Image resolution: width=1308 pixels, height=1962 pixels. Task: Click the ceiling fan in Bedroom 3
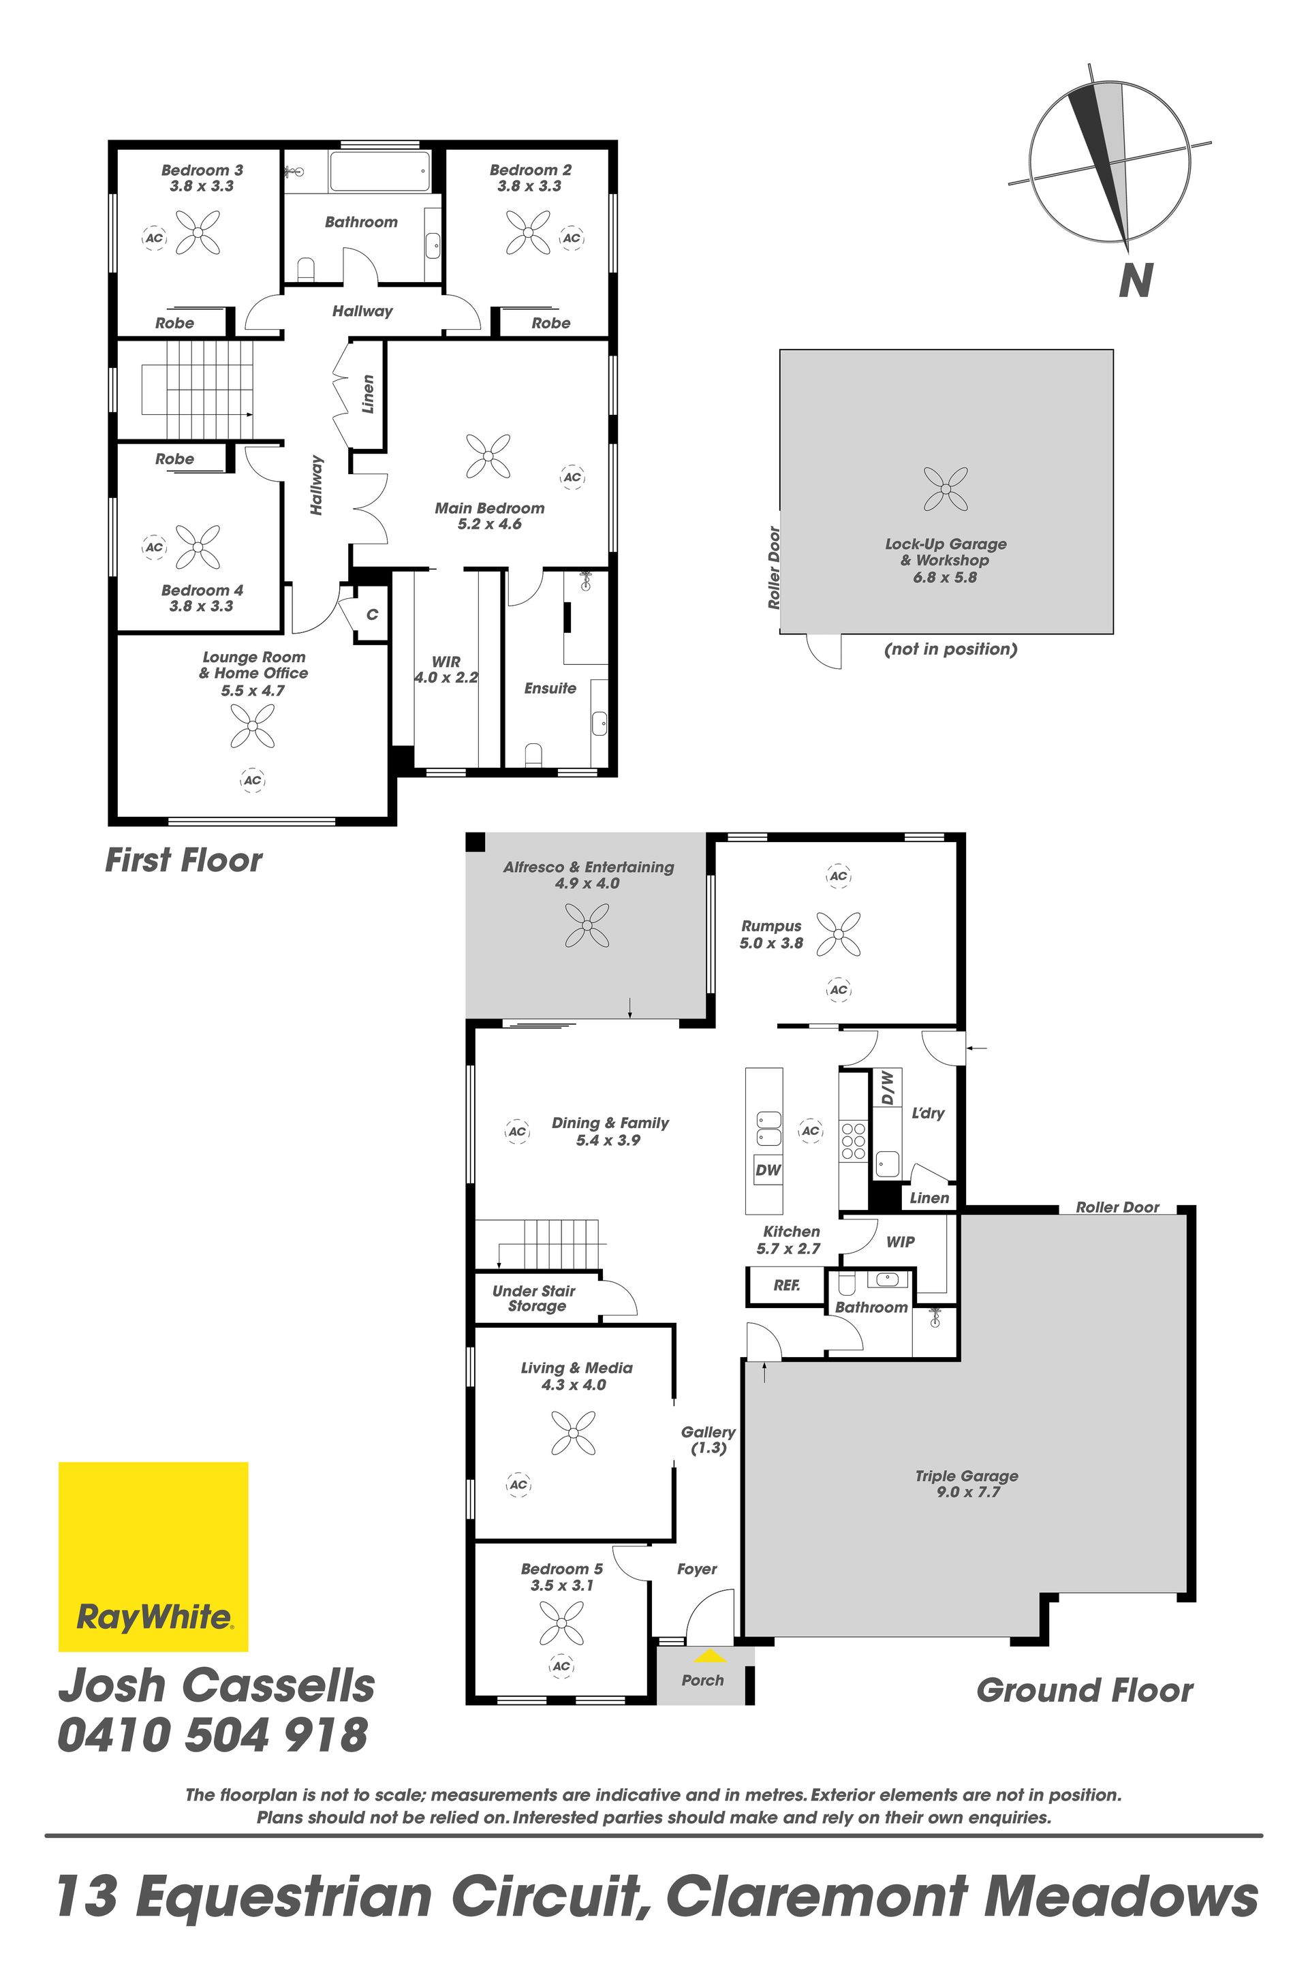[x=198, y=233]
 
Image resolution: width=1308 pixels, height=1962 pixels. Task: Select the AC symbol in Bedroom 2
[x=572, y=238]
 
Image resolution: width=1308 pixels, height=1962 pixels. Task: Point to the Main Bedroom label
[x=490, y=508]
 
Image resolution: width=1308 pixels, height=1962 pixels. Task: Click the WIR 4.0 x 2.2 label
[x=446, y=669]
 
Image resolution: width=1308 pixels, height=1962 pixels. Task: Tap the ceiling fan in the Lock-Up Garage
[x=946, y=489]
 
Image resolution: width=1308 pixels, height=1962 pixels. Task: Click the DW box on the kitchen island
[x=768, y=1169]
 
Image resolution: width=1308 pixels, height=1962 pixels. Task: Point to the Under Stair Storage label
[x=535, y=1298]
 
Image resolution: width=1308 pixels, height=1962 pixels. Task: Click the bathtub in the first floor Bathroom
[x=379, y=172]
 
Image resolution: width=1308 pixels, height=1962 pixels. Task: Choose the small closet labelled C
[x=372, y=614]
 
